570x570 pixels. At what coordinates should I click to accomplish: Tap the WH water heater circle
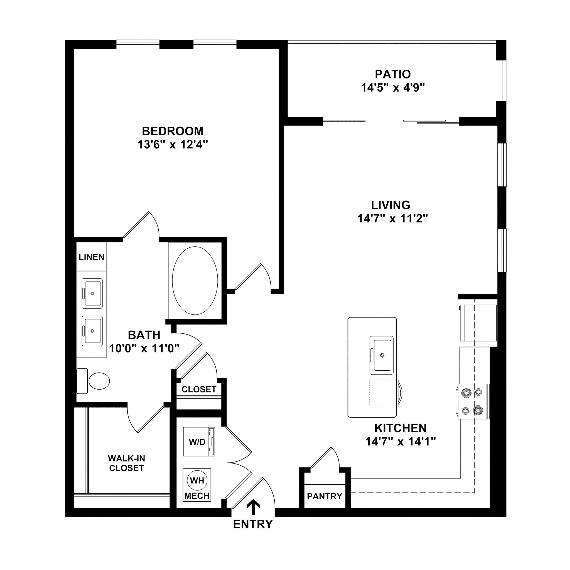pos(197,481)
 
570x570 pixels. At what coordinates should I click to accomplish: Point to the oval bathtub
pos(195,281)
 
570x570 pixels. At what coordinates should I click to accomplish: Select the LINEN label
pos(92,257)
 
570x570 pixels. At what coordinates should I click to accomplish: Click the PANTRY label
pos(325,496)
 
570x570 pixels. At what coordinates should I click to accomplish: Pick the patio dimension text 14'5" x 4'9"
pos(393,88)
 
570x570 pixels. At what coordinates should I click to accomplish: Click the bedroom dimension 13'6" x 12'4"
pos(173,144)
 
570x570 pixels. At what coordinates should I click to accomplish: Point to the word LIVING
pos(390,205)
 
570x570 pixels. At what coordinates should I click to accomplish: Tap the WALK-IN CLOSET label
pos(126,463)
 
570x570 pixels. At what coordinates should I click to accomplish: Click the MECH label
pos(197,496)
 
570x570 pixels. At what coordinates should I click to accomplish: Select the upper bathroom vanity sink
pos(92,293)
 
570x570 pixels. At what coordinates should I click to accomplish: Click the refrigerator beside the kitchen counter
pos(478,323)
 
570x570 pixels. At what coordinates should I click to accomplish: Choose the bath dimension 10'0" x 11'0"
pos(144,348)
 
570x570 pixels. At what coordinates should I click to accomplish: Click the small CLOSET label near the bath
pos(199,389)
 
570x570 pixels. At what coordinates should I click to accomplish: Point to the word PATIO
pos(393,74)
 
